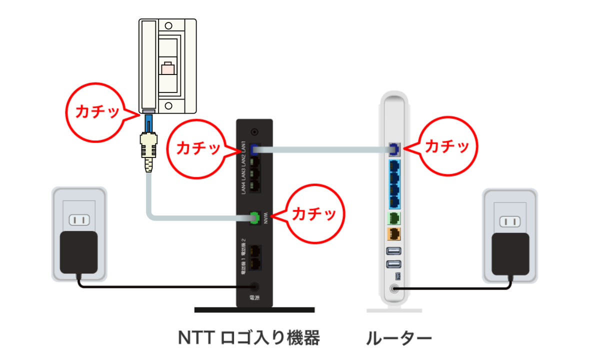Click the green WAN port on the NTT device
(x=255, y=217)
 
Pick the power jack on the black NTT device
(x=255, y=287)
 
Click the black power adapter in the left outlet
(x=78, y=252)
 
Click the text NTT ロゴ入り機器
(x=248, y=338)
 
